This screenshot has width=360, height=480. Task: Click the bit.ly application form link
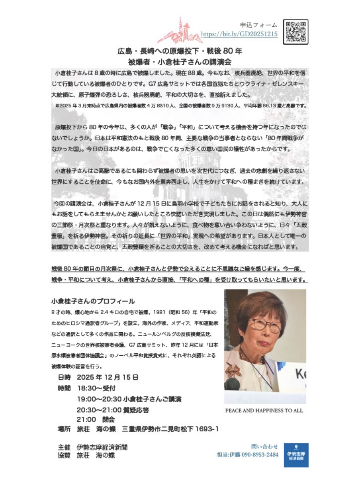click(239, 34)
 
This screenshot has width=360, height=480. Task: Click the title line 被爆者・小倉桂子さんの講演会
click(180, 62)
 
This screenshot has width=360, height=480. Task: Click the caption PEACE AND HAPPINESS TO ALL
click(264, 410)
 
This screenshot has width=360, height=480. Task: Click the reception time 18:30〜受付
click(96, 388)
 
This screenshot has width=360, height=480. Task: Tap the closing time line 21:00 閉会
click(96, 420)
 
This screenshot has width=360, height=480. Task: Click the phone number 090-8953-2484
click(259, 454)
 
